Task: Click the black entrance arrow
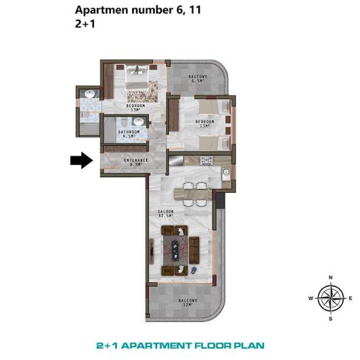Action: [x=81, y=160]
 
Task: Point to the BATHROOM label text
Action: [x=129, y=132]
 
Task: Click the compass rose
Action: [x=330, y=297]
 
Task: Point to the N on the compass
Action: [x=330, y=277]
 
